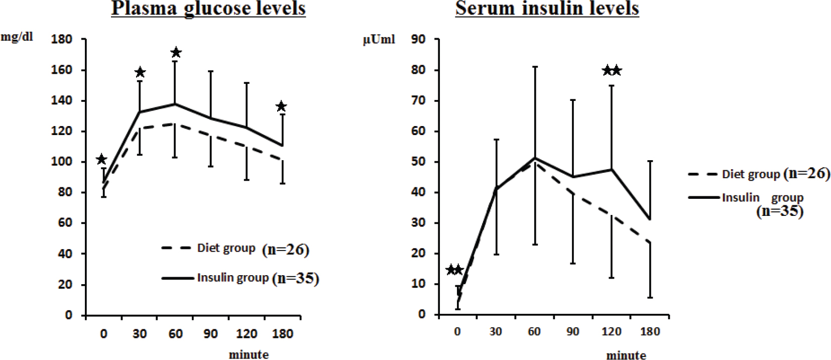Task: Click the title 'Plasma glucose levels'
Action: pyautogui.click(x=208, y=9)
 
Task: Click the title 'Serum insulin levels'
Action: pyautogui.click(x=547, y=9)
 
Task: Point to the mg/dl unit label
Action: pyautogui.click(x=17, y=37)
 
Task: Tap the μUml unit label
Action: pyautogui.click(x=379, y=40)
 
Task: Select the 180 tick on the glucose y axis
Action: pyautogui.click(x=62, y=39)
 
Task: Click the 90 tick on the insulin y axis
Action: pyautogui.click(x=418, y=39)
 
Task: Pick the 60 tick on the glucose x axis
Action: pyautogui.click(x=175, y=334)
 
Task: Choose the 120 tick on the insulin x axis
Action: pyautogui.click(x=612, y=331)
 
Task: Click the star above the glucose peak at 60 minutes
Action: pyautogui.click(x=176, y=53)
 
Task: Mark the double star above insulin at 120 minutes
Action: pyautogui.click(x=612, y=70)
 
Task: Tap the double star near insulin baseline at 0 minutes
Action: pyautogui.click(x=454, y=270)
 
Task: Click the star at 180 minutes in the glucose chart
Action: pyautogui.click(x=281, y=106)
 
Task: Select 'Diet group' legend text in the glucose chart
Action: pyautogui.click(x=226, y=248)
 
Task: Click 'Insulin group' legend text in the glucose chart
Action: pyautogui.click(x=232, y=278)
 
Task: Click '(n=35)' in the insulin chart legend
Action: pyautogui.click(x=780, y=211)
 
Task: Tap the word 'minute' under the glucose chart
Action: pyautogui.click(x=249, y=354)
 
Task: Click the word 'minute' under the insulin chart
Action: pyautogui.click(x=626, y=355)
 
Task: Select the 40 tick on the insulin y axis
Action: pyautogui.click(x=418, y=192)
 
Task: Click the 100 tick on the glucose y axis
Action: pyautogui.click(x=62, y=162)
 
